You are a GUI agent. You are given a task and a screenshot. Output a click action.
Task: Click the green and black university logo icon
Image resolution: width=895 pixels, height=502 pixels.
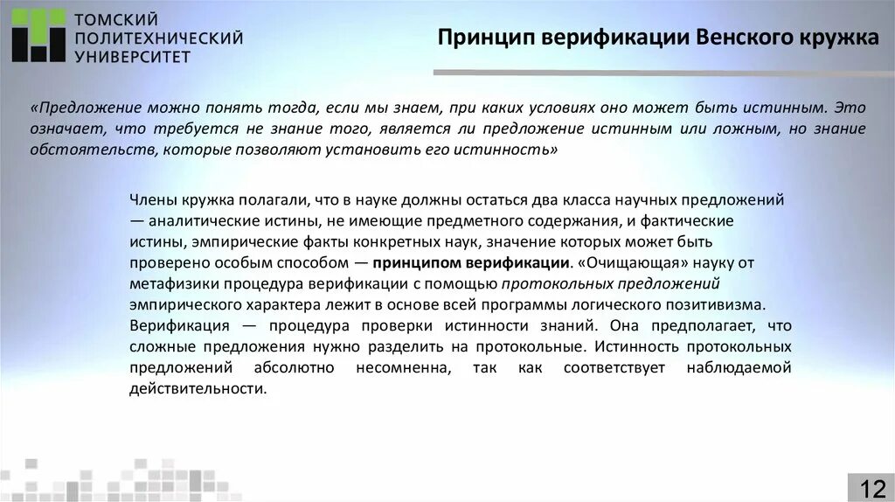pyautogui.click(x=38, y=36)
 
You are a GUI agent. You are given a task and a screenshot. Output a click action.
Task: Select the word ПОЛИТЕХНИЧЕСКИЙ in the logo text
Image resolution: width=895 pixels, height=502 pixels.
pyautogui.click(x=158, y=38)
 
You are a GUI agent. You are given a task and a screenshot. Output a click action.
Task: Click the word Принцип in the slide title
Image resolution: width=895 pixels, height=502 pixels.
pyautogui.click(x=486, y=39)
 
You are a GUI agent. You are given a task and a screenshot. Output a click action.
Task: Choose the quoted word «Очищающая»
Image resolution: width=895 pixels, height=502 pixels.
pyautogui.click(x=623, y=262)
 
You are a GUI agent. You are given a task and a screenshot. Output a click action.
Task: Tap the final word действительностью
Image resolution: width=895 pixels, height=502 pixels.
pyautogui.click(x=197, y=388)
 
